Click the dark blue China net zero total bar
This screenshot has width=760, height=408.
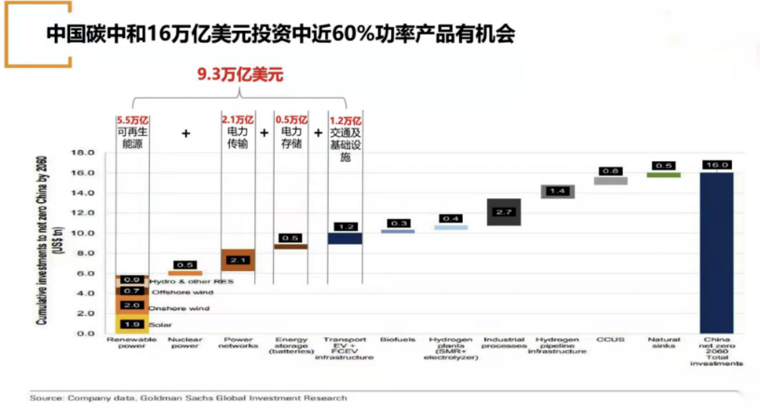716,252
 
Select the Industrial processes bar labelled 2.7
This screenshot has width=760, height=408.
504,211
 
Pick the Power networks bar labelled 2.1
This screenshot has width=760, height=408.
237,260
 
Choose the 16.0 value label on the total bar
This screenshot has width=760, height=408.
716,164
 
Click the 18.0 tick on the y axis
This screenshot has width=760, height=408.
84,152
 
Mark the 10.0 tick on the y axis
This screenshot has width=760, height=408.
84,232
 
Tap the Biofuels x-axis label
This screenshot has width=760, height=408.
397,340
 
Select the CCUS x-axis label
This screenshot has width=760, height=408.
610,340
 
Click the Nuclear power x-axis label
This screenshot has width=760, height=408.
184,344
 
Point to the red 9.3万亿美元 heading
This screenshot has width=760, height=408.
239,74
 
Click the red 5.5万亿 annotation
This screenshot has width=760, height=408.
133,120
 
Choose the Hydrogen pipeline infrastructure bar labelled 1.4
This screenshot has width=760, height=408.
557,191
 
